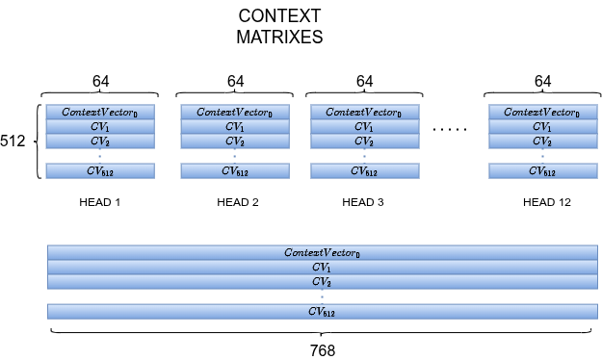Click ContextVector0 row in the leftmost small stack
tap(100, 113)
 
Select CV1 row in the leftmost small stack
tap(100, 127)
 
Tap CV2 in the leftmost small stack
tap(100, 141)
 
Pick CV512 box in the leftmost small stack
tap(100, 171)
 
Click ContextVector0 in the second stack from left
tap(235, 113)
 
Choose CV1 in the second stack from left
tap(235, 127)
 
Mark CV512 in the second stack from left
tap(235, 171)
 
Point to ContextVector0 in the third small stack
tap(364, 113)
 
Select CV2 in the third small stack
tap(364, 141)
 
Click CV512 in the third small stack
tap(364, 171)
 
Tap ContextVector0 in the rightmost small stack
tap(542, 113)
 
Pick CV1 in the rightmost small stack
tap(542, 127)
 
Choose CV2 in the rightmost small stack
tap(542, 141)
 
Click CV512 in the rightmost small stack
tap(542, 171)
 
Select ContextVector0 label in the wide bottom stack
tap(322, 253)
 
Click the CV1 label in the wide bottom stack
tap(322, 268)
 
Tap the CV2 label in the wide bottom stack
tap(322, 282)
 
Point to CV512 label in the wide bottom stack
tap(322, 312)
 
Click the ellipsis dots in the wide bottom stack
tap(322, 296)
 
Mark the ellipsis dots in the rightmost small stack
tap(542, 156)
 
